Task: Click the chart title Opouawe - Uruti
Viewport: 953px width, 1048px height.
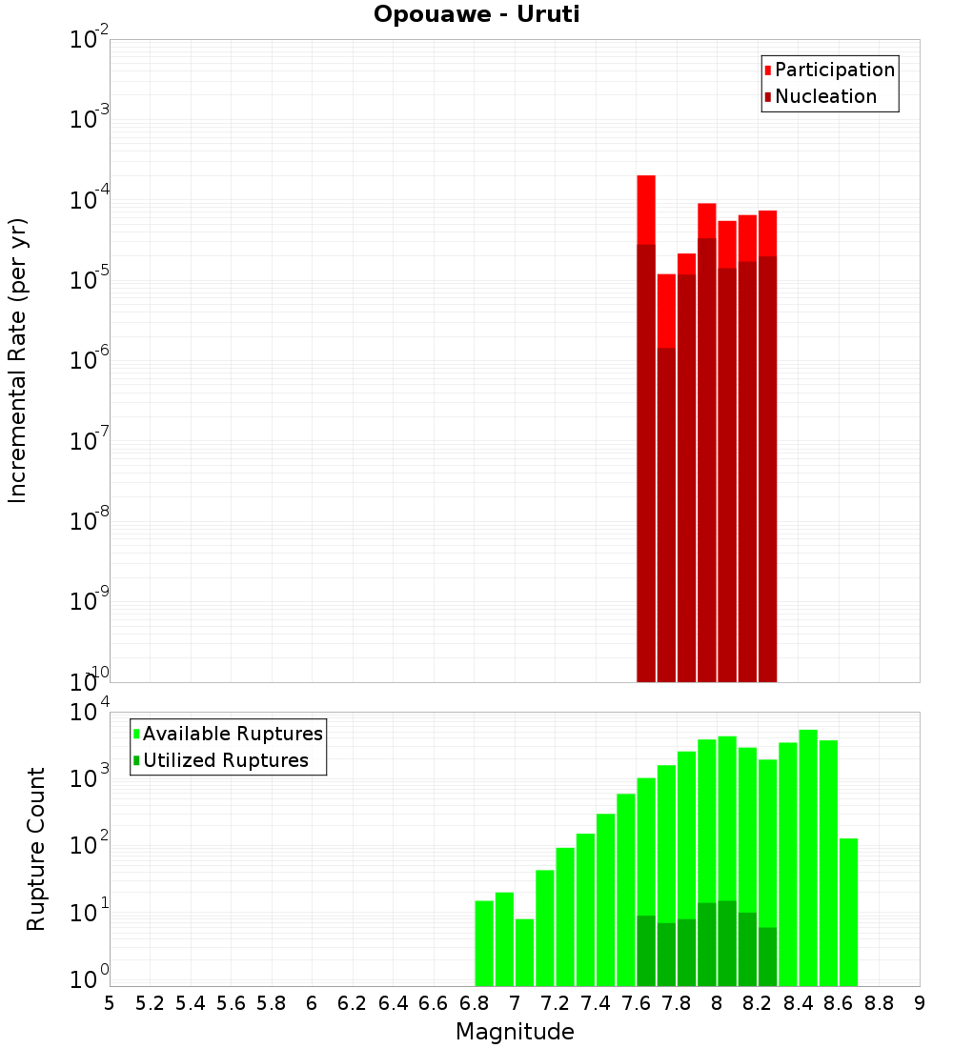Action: [x=476, y=15]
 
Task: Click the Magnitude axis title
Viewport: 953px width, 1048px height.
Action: [x=515, y=1032]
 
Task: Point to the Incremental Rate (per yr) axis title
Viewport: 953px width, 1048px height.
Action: [x=18, y=360]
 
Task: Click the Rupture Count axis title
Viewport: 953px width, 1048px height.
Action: [x=36, y=848]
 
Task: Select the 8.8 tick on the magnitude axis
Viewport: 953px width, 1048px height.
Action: [x=879, y=1003]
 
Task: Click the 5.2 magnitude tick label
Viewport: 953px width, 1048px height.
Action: [x=150, y=1003]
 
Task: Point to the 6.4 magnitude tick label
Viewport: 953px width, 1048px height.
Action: [x=393, y=1003]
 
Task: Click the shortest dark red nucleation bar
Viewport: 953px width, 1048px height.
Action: [x=666, y=514]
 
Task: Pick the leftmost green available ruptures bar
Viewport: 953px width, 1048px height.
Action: [x=484, y=943]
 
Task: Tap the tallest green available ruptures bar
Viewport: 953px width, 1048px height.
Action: [x=808, y=857]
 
